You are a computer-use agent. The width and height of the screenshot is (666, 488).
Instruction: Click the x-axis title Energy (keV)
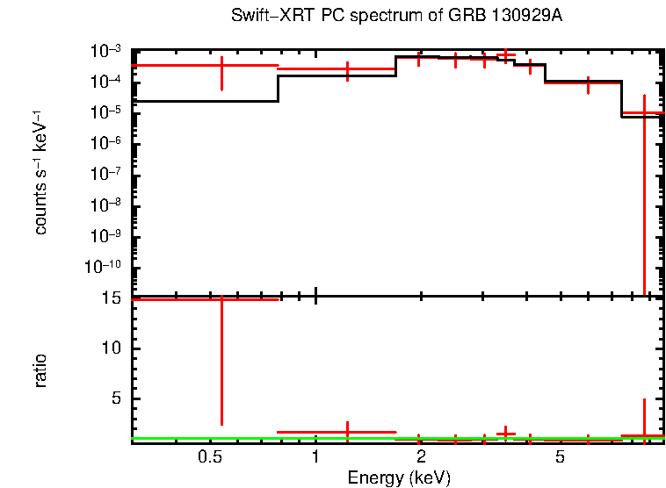coord(399,477)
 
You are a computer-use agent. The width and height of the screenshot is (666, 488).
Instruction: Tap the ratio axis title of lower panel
coord(40,370)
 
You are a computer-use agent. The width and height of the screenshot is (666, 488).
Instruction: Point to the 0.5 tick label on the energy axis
coord(209,457)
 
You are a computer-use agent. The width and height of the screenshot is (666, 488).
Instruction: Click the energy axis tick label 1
coord(315,457)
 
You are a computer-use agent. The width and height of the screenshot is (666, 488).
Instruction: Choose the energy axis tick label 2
coord(422,457)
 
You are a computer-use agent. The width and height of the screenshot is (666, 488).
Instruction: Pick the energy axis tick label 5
coord(560,457)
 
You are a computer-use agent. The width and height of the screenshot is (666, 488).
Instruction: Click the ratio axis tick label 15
coord(111,298)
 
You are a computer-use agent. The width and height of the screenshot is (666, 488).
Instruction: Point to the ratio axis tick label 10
coord(111,348)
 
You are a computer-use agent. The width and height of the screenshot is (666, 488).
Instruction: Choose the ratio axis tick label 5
coord(115,398)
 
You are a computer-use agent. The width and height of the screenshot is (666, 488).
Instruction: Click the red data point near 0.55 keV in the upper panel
coord(221,66)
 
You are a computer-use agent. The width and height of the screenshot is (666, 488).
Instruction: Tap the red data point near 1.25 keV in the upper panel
coord(348,69)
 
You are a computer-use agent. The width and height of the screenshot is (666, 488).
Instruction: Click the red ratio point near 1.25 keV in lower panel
coord(348,432)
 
